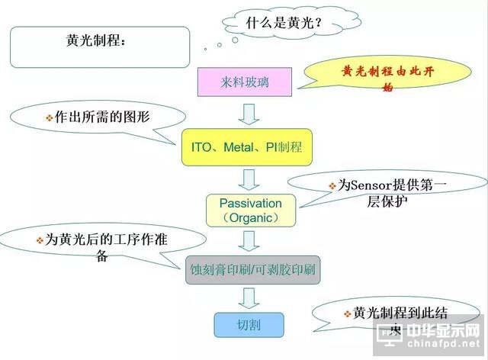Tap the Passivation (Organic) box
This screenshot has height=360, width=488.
tap(250, 211)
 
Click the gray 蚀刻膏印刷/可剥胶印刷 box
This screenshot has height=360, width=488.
tap(254, 269)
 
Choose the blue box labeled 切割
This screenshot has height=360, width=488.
tap(249, 325)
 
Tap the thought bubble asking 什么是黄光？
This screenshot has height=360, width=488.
tap(284, 23)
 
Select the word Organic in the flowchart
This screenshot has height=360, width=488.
tap(250, 218)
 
